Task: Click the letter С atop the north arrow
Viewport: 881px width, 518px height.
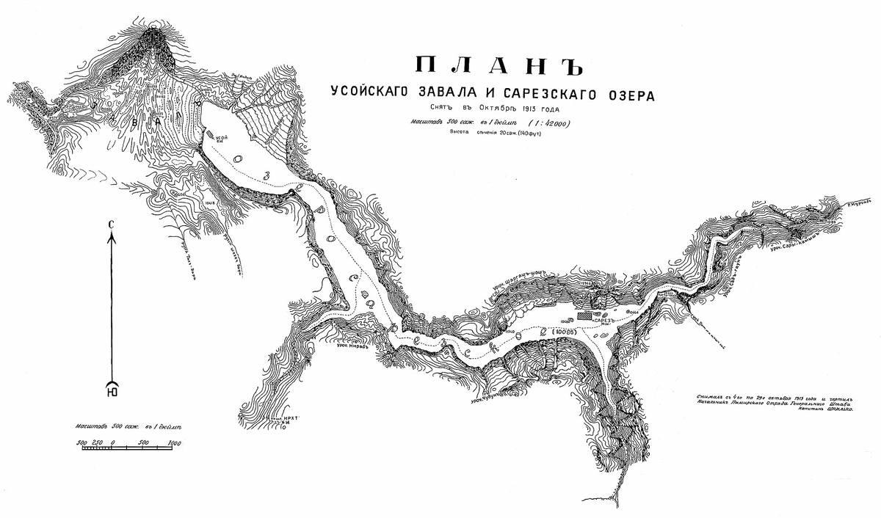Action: [x=111, y=225]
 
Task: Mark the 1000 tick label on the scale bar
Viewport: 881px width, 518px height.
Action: [x=174, y=443]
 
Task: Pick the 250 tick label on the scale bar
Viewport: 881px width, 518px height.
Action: [x=95, y=443]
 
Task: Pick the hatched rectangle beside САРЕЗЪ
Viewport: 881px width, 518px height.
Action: [x=584, y=315]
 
